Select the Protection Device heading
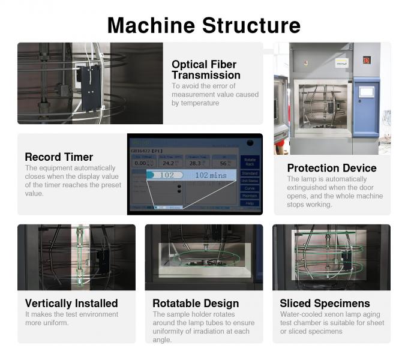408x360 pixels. point(331,168)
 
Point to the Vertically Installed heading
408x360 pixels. point(71,303)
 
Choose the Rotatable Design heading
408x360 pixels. point(196,303)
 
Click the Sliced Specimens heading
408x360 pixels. point(325,303)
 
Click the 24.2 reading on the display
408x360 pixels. point(169,163)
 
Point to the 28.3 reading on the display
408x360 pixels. point(194,163)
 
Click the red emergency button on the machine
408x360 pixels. point(367,59)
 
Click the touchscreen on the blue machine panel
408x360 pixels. point(367,92)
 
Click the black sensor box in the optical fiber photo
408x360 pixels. point(90,88)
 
